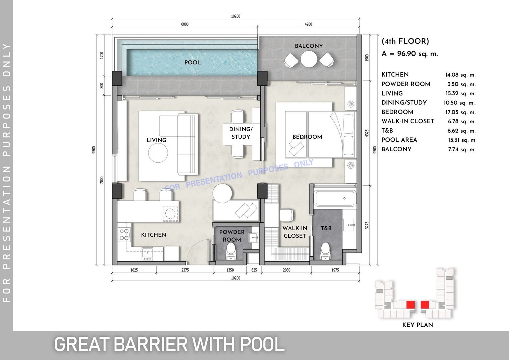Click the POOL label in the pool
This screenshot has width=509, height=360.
tap(192, 62)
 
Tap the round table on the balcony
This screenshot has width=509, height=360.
tap(309, 59)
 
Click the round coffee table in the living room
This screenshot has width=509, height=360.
tap(158, 153)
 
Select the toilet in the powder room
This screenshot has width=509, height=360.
tap(231, 251)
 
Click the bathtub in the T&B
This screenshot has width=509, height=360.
tap(335, 198)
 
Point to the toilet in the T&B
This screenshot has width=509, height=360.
tap(325, 251)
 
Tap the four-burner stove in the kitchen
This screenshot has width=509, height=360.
tap(124, 235)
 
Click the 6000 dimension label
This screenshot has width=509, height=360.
tap(185, 24)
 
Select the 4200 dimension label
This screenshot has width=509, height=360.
tap(308, 24)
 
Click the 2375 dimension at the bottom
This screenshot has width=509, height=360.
tap(185, 270)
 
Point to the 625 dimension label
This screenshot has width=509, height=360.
tap(254, 270)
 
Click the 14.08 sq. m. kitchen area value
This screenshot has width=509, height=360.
tap(460, 75)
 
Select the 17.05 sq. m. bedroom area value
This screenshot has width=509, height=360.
tap(460, 112)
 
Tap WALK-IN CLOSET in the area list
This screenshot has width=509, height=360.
tap(408, 121)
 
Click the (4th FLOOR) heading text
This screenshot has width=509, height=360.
tap(405, 41)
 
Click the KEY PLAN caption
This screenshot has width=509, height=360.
tap(417, 325)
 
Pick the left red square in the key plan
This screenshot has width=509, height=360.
tap(410, 305)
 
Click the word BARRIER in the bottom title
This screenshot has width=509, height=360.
tap(150, 344)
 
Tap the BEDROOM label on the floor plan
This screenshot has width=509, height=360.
tap(307, 137)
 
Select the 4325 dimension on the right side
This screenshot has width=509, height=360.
tap(366, 133)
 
